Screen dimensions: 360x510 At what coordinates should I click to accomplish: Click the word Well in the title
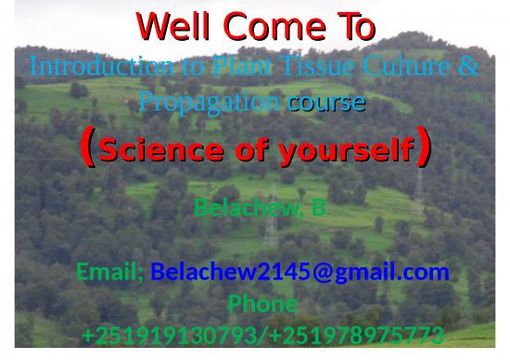click(x=172, y=25)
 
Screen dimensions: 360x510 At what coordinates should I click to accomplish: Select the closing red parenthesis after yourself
click(x=424, y=146)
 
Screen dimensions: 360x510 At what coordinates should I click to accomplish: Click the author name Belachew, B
click(x=260, y=206)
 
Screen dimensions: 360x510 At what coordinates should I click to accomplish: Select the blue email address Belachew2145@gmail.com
click(x=300, y=272)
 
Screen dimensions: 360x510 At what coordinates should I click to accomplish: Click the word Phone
click(x=262, y=303)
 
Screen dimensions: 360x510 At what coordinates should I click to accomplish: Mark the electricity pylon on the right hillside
click(x=417, y=190)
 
